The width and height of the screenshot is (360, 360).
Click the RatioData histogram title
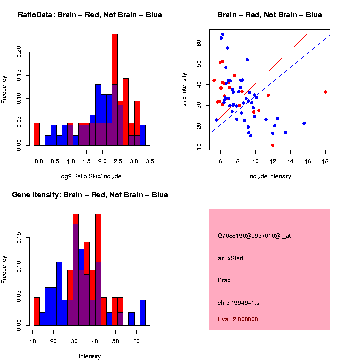tap(90, 15)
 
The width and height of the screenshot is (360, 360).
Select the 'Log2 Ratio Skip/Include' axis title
tap(90, 176)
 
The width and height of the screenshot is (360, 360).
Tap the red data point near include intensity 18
tap(325, 92)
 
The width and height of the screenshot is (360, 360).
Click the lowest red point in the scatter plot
tap(273, 145)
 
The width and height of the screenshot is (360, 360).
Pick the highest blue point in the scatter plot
tap(223, 34)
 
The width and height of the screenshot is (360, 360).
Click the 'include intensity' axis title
tap(270, 176)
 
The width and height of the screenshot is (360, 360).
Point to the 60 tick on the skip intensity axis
tap(199, 43)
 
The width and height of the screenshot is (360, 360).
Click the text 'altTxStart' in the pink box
tap(231, 258)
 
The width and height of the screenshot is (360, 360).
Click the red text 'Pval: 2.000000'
tap(238, 319)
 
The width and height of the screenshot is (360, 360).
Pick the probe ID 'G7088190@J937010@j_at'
tap(254, 236)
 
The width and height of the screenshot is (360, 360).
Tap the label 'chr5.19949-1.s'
tap(238, 302)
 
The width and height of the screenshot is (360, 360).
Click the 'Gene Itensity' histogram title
tap(90, 195)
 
